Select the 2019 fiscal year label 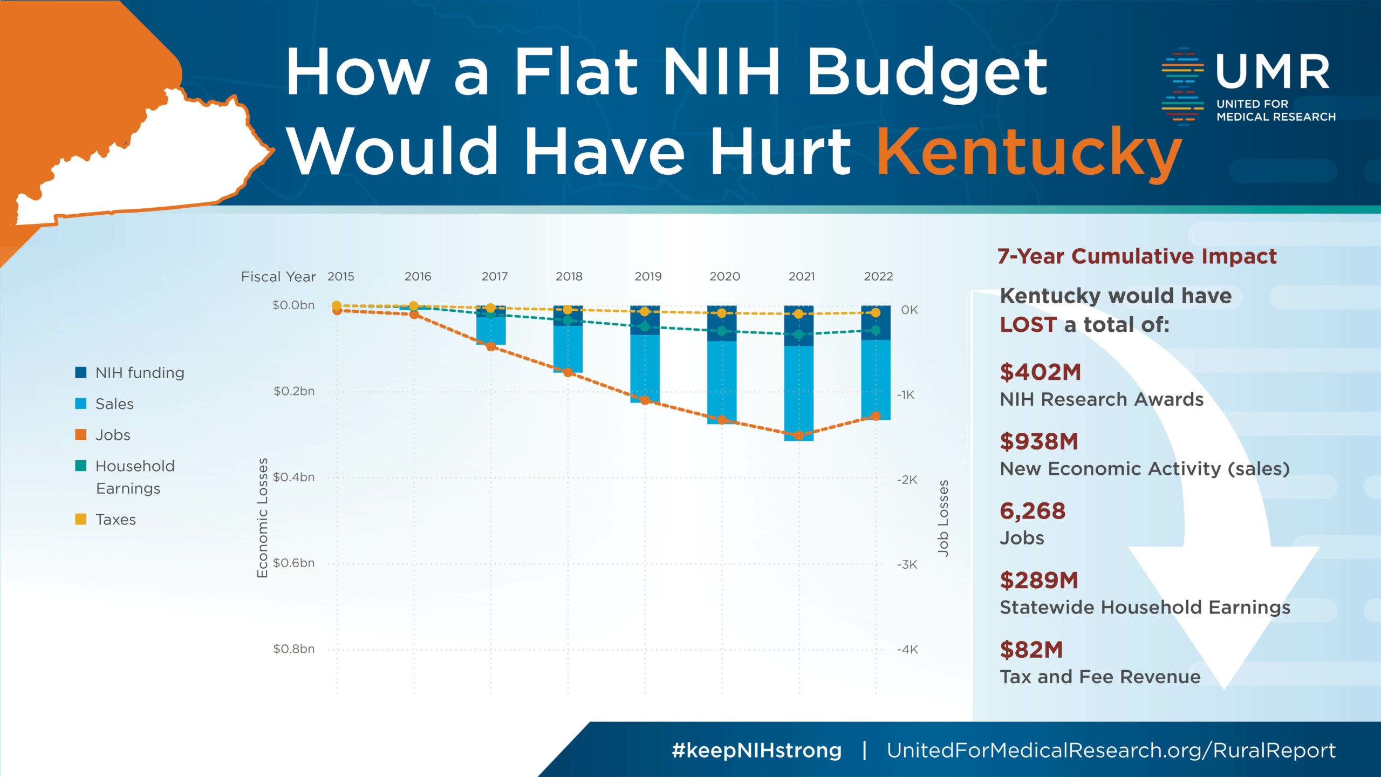648,276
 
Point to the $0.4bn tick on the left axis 293,477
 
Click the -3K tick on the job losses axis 907,564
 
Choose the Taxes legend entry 115,519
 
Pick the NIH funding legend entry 139,372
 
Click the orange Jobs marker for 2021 799,435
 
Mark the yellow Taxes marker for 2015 337,305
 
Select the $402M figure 1040,372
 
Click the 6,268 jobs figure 1033,510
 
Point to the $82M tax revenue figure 1031,650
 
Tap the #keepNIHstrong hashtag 756,750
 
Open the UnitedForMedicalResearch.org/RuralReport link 1111,750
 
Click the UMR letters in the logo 1273,71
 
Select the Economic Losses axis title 262,517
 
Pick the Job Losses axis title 943,517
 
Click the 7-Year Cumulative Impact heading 1137,256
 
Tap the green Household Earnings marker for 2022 876,330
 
